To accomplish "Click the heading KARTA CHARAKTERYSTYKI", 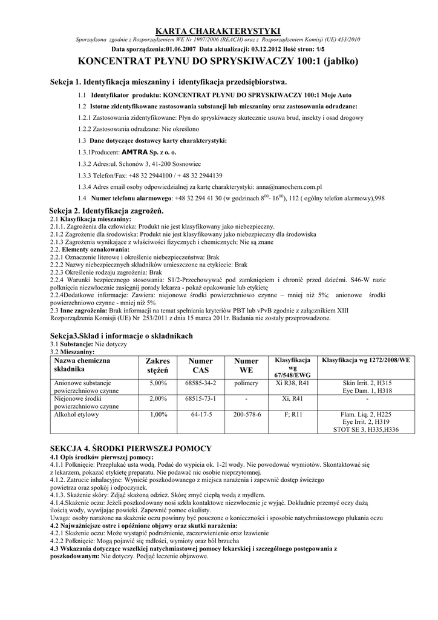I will [218, 30].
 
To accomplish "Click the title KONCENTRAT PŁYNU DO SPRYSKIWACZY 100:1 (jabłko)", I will [218, 61].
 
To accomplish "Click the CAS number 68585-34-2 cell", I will [201, 383].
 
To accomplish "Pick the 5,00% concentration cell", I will [157, 383].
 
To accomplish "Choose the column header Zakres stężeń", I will [157, 365].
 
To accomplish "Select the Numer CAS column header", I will [201, 365].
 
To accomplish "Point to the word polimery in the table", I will [246, 383].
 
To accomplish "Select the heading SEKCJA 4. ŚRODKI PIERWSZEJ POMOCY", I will [130, 448].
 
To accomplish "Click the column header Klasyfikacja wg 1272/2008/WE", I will [366, 360].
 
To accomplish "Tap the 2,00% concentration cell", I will [157, 399].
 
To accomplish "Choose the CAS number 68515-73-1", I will [201, 399].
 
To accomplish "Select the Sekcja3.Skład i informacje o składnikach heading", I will [121, 335].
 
